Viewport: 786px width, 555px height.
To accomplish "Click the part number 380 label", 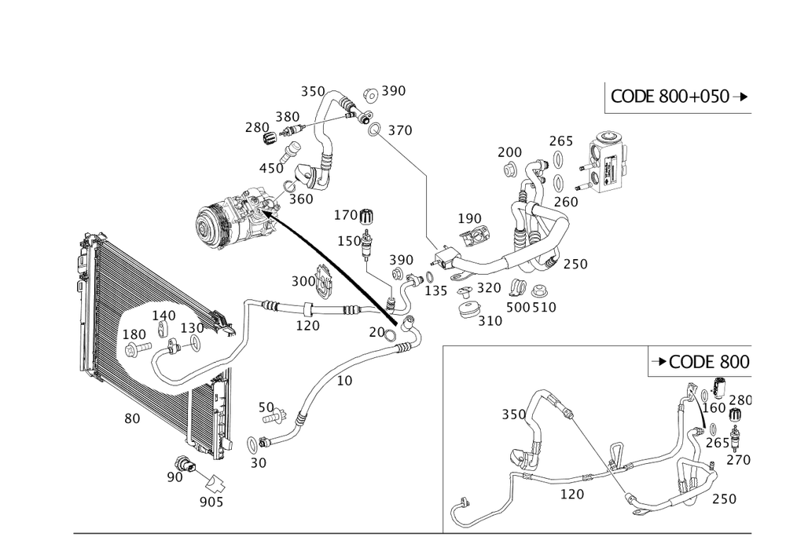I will [x=286, y=116].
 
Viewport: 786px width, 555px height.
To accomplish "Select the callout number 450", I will [x=271, y=168].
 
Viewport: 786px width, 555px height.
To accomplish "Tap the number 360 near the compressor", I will [x=301, y=199].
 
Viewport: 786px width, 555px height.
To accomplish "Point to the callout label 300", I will [x=302, y=281].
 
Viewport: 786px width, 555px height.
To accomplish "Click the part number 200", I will [x=509, y=151].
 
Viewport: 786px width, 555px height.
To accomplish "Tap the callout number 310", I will [x=491, y=321].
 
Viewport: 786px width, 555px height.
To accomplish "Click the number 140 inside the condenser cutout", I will [x=163, y=315].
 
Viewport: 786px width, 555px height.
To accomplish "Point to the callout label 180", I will [x=134, y=334].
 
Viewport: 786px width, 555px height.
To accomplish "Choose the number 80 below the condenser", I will [x=132, y=418].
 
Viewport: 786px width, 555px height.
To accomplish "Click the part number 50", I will [x=266, y=408].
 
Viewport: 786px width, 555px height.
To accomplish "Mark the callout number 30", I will [x=259, y=464].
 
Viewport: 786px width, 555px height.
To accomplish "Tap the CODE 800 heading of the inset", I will [x=701, y=361].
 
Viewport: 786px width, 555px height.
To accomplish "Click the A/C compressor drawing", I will [x=235, y=215].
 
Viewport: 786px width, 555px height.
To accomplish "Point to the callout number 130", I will [x=192, y=327].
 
